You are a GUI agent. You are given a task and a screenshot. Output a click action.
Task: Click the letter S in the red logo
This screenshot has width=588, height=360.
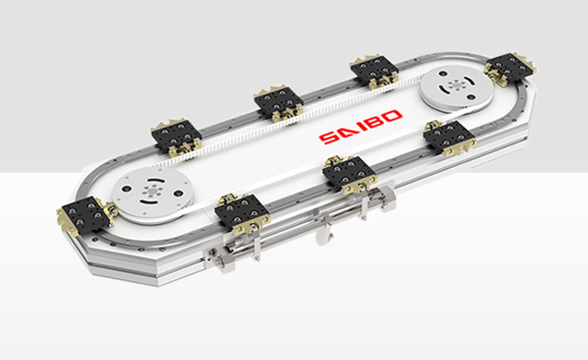329,138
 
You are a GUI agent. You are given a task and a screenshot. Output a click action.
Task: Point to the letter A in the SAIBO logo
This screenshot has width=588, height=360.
345,132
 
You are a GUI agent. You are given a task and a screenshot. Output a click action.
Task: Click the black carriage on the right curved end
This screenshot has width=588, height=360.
511,68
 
